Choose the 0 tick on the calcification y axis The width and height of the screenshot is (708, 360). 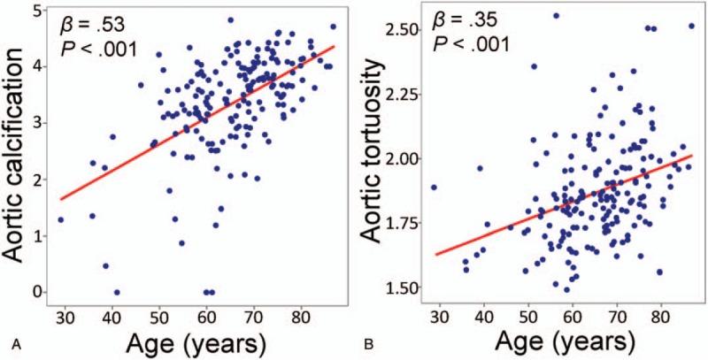(35, 292)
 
